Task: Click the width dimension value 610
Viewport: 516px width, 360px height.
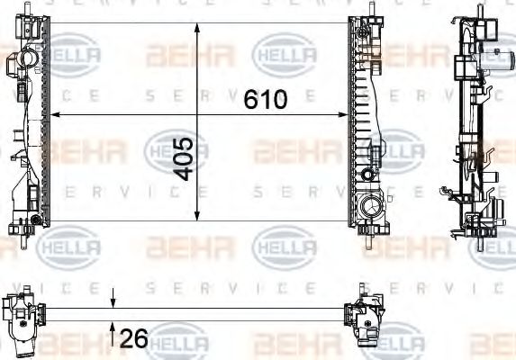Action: pos(266,99)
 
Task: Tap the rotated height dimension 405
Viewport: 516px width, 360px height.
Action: pos(183,158)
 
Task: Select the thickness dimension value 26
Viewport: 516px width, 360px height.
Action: pos(132,339)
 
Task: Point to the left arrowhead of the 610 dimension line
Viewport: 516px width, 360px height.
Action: pos(53,115)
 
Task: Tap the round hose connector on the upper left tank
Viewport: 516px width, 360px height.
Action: pos(24,61)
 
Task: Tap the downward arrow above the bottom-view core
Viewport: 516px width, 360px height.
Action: pos(113,302)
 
